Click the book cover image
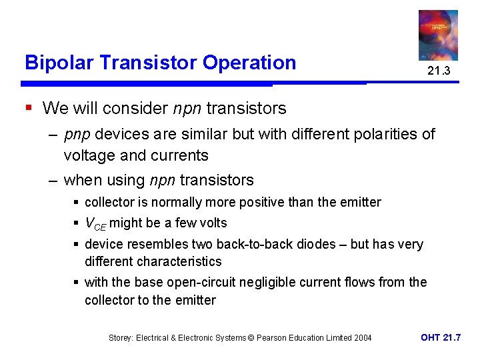[x=438, y=35]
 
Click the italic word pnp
[x=78, y=135]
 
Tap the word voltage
[x=91, y=156]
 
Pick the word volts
[x=210, y=223]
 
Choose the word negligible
[x=275, y=282]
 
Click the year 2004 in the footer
[x=361, y=338]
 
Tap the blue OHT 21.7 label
[x=440, y=337]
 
